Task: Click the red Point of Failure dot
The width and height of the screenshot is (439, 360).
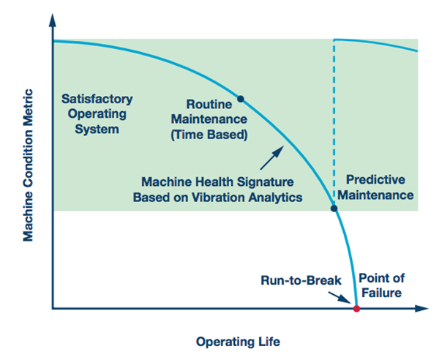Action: [x=356, y=309]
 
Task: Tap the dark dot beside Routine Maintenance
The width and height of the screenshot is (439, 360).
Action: [x=241, y=99]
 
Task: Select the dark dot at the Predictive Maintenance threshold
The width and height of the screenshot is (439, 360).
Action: [x=334, y=209]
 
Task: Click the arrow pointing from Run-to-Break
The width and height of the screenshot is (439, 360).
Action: [x=339, y=298]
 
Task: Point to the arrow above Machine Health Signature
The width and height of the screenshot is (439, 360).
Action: [x=272, y=157]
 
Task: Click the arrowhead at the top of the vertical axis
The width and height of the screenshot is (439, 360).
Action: [x=53, y=20]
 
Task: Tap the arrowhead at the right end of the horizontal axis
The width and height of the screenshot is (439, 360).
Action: [x=421, y=309]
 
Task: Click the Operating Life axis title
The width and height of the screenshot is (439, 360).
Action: [x=238, y=342]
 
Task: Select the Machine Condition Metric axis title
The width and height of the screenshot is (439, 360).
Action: [x=28, y=165]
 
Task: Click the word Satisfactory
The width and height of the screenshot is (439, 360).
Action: [x=97, y=99]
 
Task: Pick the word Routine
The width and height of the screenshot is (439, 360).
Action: [x=209, y=105]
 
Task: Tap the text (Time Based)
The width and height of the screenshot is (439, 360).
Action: [x=209, y=135]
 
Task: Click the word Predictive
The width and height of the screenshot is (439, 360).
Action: [x=375, y=180]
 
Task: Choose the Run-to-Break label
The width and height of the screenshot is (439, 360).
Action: [x=301, y=280]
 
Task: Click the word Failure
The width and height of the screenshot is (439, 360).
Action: [x=381, y=293]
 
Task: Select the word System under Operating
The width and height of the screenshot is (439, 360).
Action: [x=97, y=130]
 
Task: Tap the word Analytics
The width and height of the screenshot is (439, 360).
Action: [x=276, y=198]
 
